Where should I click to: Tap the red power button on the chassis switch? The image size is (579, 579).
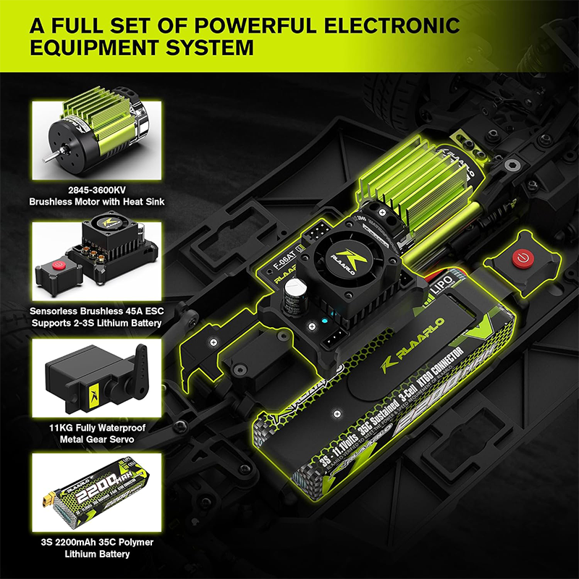(x=520, y=257)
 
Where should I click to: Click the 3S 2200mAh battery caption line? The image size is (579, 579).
(x=97, y=542)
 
